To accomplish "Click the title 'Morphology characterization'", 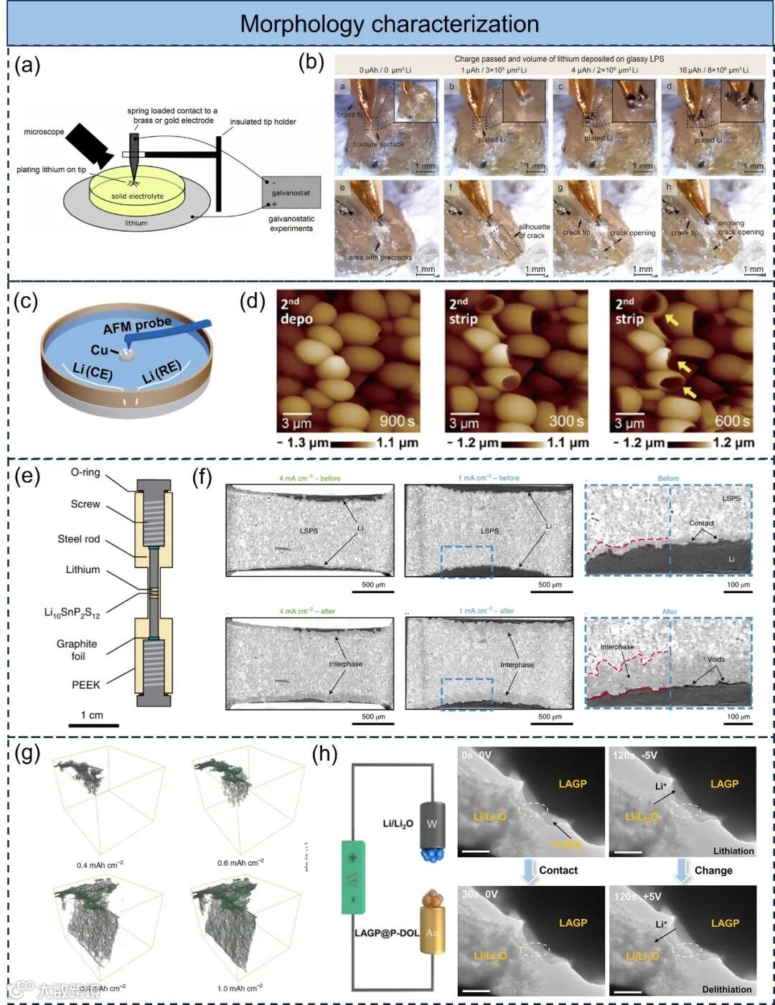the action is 389,24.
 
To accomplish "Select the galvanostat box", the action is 291,192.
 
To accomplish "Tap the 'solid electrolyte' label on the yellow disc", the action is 137,196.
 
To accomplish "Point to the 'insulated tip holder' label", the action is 263,122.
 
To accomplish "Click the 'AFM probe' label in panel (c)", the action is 137,325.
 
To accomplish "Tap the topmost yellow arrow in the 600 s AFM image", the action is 672,319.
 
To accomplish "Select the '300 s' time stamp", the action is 566,421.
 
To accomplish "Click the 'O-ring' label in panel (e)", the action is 85,473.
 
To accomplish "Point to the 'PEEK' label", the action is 85,685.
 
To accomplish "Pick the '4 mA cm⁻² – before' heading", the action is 310,478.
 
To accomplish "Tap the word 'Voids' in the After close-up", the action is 715,659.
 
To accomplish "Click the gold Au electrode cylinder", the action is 431,932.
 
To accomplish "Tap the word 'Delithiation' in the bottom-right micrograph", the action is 726,989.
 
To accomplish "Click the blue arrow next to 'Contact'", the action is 529,870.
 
